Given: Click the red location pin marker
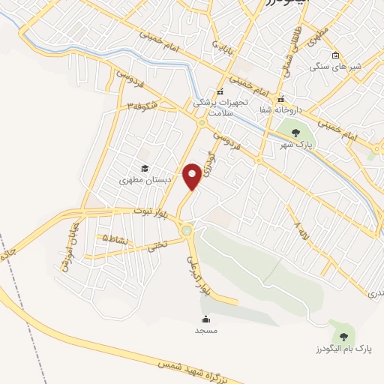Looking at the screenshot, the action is point(193,175).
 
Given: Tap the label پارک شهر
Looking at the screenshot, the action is point(294,145).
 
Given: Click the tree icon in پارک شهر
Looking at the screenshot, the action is point(295,133).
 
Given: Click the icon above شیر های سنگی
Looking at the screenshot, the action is point(335,55).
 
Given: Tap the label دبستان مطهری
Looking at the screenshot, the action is point(145,180).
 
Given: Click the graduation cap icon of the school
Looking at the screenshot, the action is point(145,168).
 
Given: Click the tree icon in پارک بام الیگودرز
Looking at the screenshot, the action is point(343,336).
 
